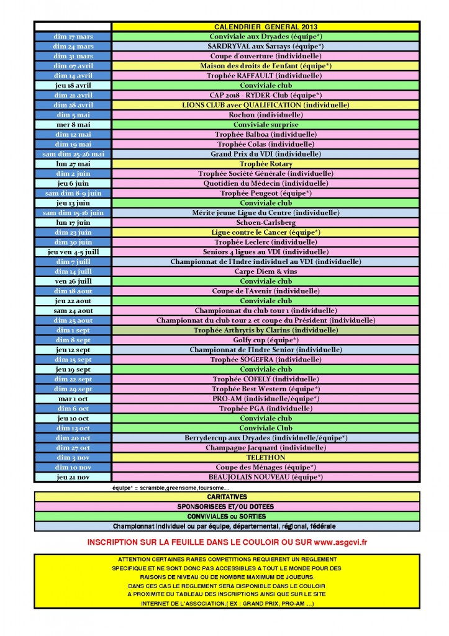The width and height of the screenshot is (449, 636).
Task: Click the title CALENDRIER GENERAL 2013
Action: (x=265, y=27)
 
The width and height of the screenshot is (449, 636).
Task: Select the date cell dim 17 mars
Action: (x=73, y=37)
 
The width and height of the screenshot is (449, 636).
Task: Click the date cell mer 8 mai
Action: (x=73, y=125)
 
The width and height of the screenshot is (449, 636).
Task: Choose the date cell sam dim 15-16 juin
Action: (x=73, y=212)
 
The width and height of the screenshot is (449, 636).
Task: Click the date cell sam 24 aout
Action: (x=73, y=311)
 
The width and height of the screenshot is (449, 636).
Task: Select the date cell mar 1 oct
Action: (x=73, y=399)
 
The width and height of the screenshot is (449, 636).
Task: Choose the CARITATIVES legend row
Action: (x=226, y=497)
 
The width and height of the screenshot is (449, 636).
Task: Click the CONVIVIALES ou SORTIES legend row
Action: (x=226, y=516)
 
